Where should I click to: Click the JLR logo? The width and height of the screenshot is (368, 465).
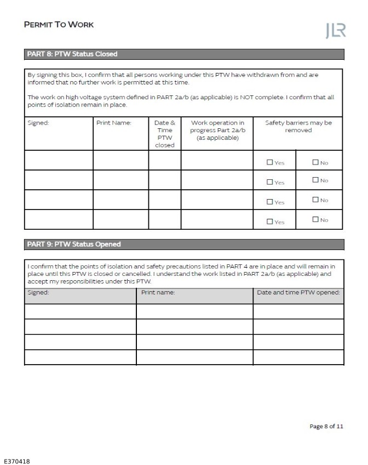(x=335, y=31)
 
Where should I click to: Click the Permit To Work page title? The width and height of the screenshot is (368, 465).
(x=59, y=25)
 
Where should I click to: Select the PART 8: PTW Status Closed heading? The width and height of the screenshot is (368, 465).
(x=72, y=54)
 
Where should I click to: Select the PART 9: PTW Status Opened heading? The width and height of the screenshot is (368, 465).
(x=74, y=244)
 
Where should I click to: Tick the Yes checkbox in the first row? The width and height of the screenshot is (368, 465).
(x=269, y=162)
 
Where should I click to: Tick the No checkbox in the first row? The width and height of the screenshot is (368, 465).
(x=315, y=162)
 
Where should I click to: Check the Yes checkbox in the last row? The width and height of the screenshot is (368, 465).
(x=269, y=222)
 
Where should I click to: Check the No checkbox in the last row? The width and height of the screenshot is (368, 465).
(x=315, y=220)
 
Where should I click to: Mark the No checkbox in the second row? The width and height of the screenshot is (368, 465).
(x=315, y=180)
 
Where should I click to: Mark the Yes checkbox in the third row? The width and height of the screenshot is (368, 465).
(x=269, y=202)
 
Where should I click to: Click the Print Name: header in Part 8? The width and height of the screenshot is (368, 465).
(x=114, y=123)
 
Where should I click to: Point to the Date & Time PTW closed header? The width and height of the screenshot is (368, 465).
(x=164, y=134)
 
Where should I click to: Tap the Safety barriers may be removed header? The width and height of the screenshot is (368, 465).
(x=298, y=127)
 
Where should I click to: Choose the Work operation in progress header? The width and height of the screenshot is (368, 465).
(x=217, y=130)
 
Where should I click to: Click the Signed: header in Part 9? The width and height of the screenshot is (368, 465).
(x=38, y=292)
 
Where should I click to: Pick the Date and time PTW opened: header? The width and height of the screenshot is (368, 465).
(x=298, y=292)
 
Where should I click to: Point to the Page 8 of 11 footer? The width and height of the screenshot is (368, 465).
(x=326, y=426)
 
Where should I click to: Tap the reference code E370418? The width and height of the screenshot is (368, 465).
(x=17, y=461)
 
